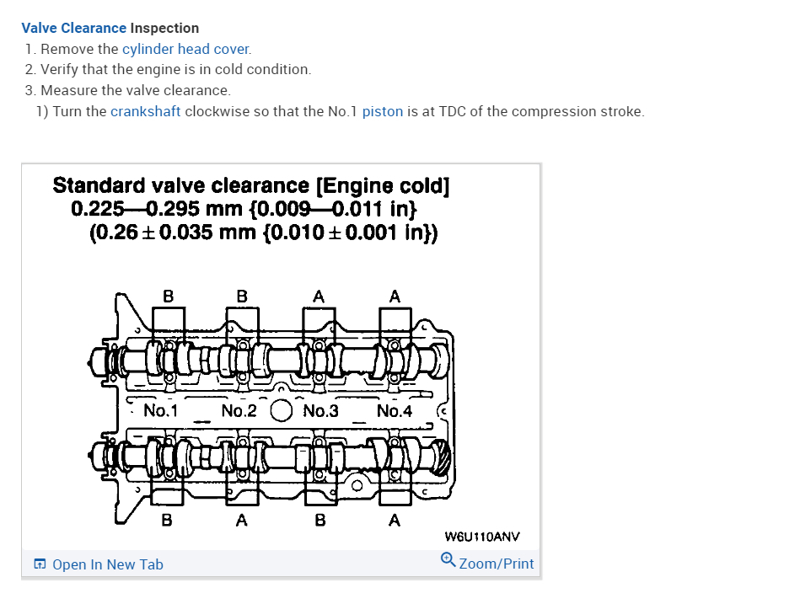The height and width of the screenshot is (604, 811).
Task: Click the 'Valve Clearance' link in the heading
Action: point(73,28)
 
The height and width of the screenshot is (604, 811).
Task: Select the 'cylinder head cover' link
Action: point(185,49)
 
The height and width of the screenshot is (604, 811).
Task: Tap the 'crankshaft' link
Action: point(145,111)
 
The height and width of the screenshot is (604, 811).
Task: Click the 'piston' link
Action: point(382,111)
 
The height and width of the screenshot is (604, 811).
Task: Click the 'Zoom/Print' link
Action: point(496,564)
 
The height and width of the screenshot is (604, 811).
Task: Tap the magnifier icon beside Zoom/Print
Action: point(448,559)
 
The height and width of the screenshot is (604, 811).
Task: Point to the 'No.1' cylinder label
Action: point(160,411)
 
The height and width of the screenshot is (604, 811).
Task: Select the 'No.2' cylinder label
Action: point(239,411)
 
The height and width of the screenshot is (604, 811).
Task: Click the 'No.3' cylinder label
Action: point(320,411)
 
